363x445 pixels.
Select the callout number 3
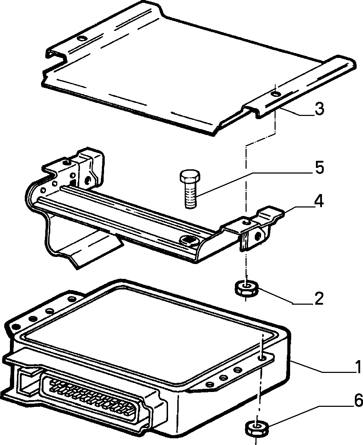tap(319, 109)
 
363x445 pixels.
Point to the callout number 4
tap(319, 201)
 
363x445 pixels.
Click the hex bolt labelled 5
tap(190, 189)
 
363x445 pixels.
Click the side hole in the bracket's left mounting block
tap(88, 180)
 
